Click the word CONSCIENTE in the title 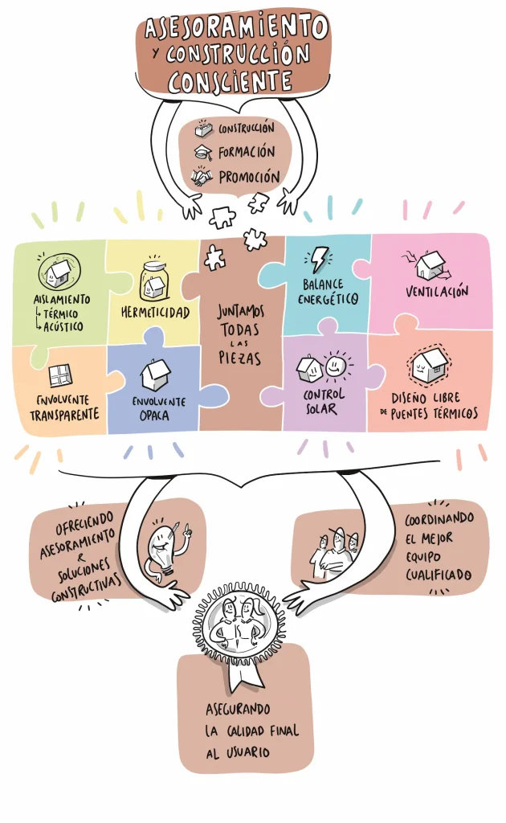tap(230, 81)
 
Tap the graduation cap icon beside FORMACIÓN tap(203, 153)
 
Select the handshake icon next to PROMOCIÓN tap(202, 176)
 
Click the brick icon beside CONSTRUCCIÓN tap(204, 128)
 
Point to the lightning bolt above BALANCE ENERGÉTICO tap(318, 260)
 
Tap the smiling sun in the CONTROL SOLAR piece tap(336, 366)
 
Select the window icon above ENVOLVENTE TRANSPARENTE tap(60, 375)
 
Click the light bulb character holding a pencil tap(167, 548)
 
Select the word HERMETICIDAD tap(155, 313)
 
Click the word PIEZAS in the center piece tap(239, 358)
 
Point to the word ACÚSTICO tap(63, 326)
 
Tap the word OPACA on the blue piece tap(154, 416)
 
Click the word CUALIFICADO tap(439, 575)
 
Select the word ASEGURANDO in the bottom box tap(238, 710)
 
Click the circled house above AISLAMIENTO tap(59, 272)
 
